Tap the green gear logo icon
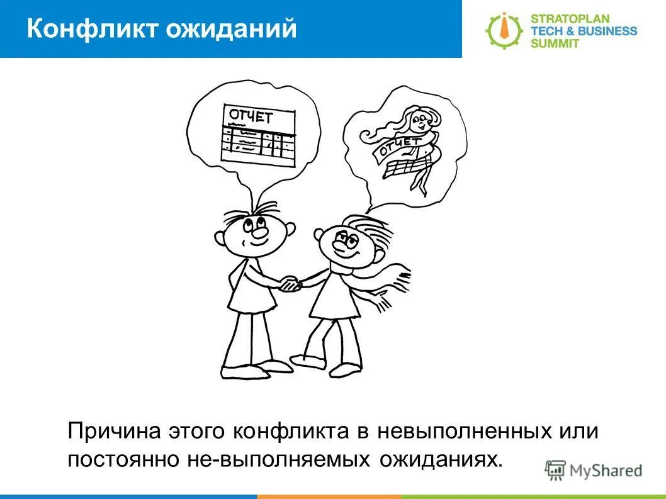coord(503,30)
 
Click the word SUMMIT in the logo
coord(556,43)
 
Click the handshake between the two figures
coord(291,284)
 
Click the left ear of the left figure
coord(220,238)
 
